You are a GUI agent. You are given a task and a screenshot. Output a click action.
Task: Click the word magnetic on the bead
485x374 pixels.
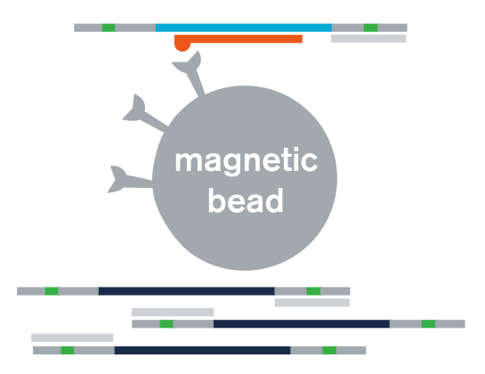coord(247,161)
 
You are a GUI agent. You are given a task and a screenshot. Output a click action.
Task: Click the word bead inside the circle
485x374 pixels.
coord(246,200)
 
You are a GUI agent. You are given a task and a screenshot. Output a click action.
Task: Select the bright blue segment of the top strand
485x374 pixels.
coord(244,28)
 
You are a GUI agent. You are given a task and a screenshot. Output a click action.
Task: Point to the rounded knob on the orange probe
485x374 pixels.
coord(182,45)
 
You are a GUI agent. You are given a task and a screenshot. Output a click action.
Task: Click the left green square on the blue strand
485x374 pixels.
coord(109,28)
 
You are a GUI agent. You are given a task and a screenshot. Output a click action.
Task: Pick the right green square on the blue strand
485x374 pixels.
coord(370,28)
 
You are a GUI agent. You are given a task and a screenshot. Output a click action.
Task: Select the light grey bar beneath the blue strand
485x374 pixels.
coord(368,38)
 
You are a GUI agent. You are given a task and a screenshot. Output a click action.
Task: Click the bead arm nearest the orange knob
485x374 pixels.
coord(190,72)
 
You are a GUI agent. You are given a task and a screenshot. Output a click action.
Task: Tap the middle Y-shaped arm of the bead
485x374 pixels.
coord(144,115)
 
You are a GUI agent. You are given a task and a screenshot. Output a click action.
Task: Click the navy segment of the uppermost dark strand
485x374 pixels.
coord(187,291)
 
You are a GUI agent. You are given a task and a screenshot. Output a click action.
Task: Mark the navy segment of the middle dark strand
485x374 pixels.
coord(302,324)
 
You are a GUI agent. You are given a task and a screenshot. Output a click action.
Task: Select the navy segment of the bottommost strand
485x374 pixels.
coord(203,350)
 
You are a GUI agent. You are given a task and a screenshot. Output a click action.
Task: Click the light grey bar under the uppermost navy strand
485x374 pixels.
coord(312,303)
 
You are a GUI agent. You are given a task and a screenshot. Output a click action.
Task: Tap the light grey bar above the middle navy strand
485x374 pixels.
coord(173,312)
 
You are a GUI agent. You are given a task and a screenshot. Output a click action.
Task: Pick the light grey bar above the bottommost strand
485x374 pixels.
coord(72,337)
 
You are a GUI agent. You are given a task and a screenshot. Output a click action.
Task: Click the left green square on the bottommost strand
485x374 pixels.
coord(68,350)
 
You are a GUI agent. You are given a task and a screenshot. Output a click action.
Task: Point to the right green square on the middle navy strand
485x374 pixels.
coord(428,324)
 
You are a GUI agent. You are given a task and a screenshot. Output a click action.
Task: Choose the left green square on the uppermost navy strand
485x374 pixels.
coord(52,291)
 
